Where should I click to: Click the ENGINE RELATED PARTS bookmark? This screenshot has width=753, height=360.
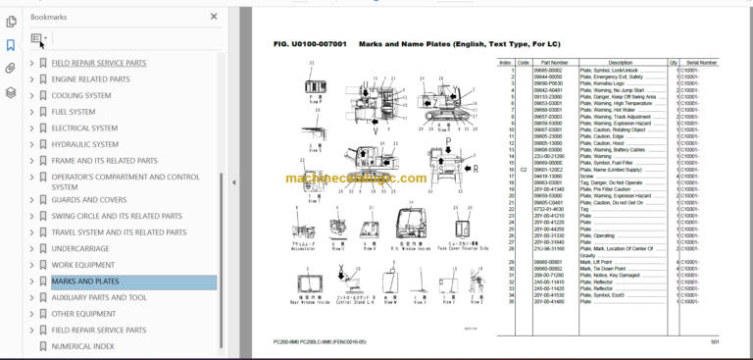pos(91,79)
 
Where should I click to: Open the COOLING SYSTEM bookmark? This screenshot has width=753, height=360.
pos(81,95)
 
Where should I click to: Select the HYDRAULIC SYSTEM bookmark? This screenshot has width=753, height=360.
pos(86,144)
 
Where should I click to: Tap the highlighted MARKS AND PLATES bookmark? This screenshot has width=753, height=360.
pos(85,282)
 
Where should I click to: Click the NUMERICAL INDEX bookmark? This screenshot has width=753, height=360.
pos(82,346)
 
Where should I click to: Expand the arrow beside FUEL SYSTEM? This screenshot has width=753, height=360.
pos(31,112)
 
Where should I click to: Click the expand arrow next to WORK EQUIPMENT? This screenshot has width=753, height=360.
pos(31,265)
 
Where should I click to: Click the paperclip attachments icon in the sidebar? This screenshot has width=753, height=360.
pos(10,69)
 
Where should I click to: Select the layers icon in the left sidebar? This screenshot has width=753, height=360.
pos(10,92)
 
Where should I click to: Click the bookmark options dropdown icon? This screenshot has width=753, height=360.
pos(39,40)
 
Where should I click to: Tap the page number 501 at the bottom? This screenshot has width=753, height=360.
pos(715,341)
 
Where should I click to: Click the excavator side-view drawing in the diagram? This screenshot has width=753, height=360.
pos(439,103)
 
